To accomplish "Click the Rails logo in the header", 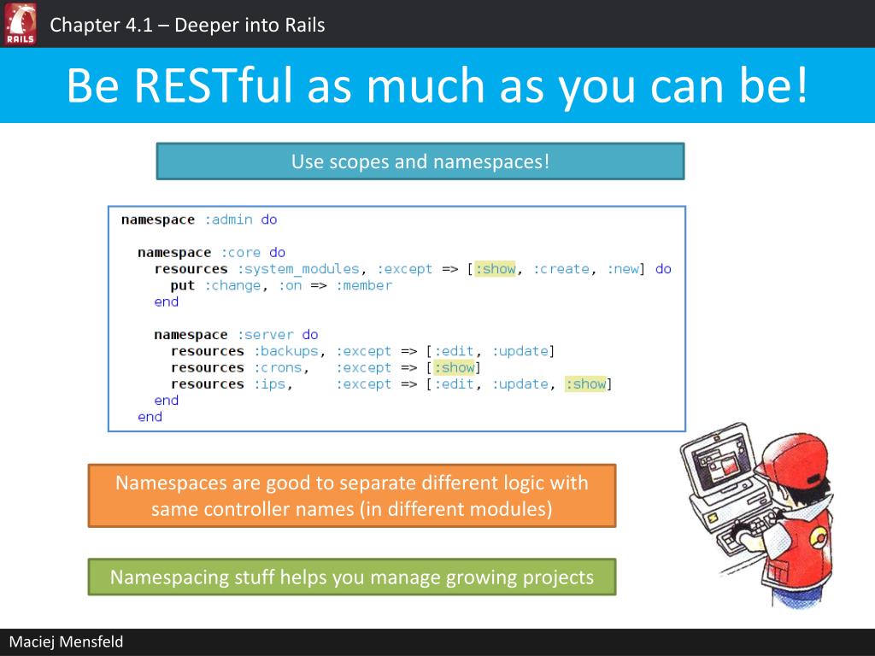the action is click(21, 23).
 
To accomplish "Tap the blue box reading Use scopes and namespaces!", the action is click(420, 161).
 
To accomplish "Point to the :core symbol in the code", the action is click(241, 253).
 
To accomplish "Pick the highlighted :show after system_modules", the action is click(496, 269).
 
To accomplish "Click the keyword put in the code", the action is click(183, 285).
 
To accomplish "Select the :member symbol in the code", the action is click(364, 285).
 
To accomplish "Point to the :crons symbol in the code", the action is click(278, 368).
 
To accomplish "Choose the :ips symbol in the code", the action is click(269, 384).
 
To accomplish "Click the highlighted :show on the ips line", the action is click(586, 384).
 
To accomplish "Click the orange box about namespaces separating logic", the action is click(352, 495).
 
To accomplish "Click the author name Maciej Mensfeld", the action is click(66, 641).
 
